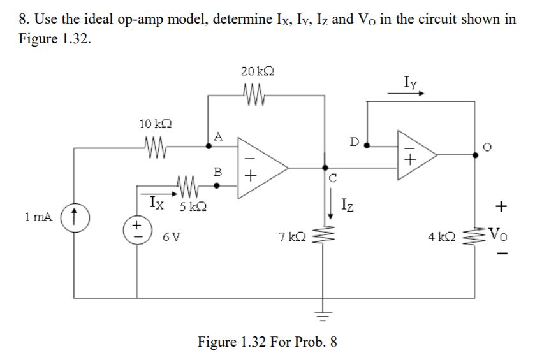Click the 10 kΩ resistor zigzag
point(154,147)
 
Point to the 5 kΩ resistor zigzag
point(188,187)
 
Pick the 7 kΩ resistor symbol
point(326,237)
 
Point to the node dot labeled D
point(367,146)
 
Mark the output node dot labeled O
point(475,154)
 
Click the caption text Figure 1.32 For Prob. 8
point(267,342)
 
